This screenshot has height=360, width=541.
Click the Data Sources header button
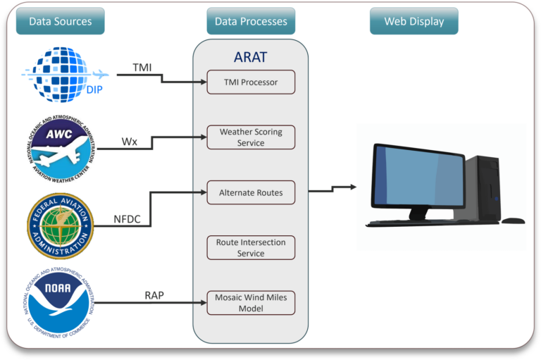[x=60, y=21]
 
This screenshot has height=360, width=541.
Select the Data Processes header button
[x=251, y=21]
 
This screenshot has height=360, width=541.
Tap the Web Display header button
[x=413, y=21]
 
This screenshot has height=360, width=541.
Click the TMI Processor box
[x=251, y=82]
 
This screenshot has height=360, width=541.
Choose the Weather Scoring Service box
[x=251, y=137]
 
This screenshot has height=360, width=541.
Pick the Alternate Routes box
[x=251, y=192]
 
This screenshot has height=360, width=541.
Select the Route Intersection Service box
[x=251, y=247]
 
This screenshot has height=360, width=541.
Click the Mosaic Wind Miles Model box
[x=251, y=303]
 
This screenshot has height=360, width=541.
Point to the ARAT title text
[x=251, y=57]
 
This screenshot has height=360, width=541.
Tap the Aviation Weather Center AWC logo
[x=59, y=147]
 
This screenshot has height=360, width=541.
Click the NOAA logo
[x=59, y=303]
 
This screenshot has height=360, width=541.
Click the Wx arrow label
[x=129, y=141]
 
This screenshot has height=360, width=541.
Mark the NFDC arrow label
[x=128, y=219]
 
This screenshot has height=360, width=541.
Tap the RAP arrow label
[x=154, y=295]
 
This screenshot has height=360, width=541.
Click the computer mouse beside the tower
[x=513, y=221]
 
